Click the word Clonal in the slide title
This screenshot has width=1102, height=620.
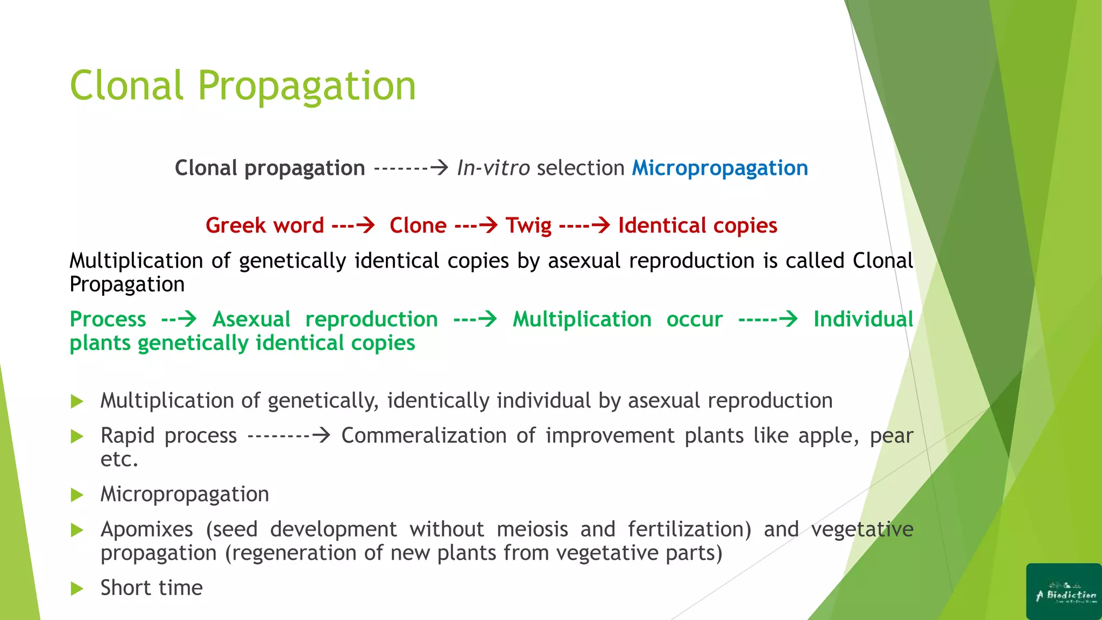126,86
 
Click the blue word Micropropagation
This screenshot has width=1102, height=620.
719,168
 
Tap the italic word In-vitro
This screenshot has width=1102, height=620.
493,168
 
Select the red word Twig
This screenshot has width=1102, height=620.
528,226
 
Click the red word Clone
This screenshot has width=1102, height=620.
418,226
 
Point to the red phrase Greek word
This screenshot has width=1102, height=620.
264,226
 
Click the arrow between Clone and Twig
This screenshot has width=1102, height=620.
477,225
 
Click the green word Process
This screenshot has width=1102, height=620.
108,319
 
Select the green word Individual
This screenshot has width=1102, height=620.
863,319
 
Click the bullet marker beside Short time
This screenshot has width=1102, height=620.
77,588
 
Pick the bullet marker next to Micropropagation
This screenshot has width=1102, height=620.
77,495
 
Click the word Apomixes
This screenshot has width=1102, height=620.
146,529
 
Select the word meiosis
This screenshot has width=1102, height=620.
532,529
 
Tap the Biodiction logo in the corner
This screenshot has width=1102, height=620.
1064,592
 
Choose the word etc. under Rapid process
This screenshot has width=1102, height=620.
119,459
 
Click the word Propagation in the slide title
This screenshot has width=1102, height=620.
307,86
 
